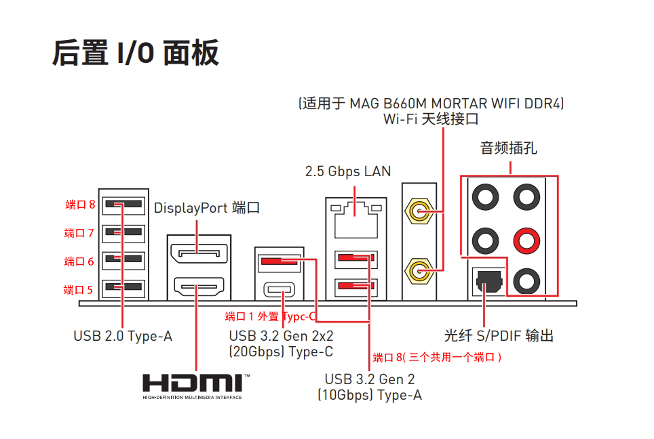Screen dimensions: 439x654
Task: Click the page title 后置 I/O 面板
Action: (136, 53)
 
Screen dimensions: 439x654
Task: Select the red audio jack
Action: (526, 238)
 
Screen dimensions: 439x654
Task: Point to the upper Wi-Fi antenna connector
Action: (418, 212)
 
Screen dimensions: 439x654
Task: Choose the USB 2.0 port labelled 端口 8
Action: (123, 204)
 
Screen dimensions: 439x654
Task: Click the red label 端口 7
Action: (79, 233)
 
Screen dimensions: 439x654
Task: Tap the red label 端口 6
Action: (79, 262)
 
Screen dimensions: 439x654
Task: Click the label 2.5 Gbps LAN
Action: (348, 171)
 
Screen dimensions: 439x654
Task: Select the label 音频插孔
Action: (509, 148)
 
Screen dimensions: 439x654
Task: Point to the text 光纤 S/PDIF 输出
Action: (499, 336)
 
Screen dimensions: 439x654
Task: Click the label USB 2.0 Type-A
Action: (123, 336)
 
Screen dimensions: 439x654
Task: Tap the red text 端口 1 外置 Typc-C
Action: (270, 316)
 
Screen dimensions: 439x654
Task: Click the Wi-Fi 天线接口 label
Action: (431, 119)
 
